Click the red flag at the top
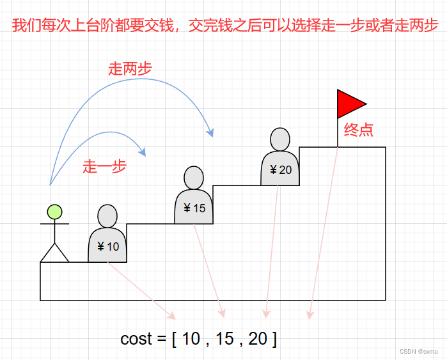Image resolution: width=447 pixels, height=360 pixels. [349, 104]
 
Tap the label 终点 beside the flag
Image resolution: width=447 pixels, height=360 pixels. [359, 130]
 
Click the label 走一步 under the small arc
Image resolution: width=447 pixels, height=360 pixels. [104, 168]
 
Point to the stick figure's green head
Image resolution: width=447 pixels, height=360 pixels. [54, 212]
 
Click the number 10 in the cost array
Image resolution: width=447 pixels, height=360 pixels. [191, 339]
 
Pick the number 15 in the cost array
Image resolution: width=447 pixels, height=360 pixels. [224, 339]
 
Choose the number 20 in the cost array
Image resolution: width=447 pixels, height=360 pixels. [258, 339]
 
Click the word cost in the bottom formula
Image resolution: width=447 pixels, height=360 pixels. [137, 339]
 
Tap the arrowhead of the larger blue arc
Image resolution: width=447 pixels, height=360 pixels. [210, 132]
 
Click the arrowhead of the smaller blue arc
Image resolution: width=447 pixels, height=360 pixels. [143, 152]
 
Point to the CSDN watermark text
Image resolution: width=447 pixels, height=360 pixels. [418, 352]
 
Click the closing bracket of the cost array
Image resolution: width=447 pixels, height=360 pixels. [274, 339]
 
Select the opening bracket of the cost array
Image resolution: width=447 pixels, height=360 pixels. [175, 339]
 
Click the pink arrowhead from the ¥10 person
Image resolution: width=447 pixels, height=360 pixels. [171, 316]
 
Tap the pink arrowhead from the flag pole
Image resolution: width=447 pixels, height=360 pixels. [310, 315]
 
